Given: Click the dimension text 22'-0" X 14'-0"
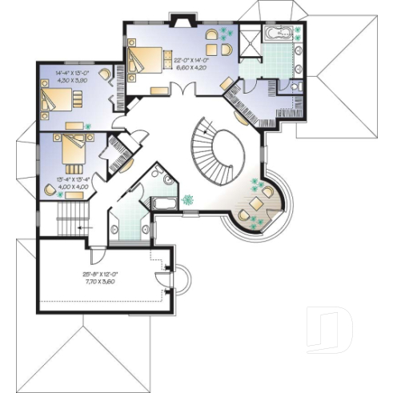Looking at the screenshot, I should pyautogui.click(x=193, y=61).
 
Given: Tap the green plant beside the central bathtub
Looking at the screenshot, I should pyautogui.click(x=190, y=199).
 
